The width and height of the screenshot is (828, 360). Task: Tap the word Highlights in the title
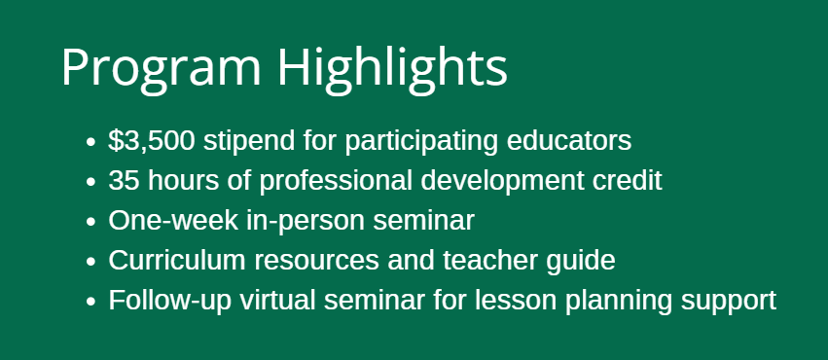(391, 68)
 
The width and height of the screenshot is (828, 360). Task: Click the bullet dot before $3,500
(90, 142)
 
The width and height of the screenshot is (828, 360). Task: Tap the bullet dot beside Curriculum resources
(90, 262)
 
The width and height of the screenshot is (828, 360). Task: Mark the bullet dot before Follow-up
(90, 302)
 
